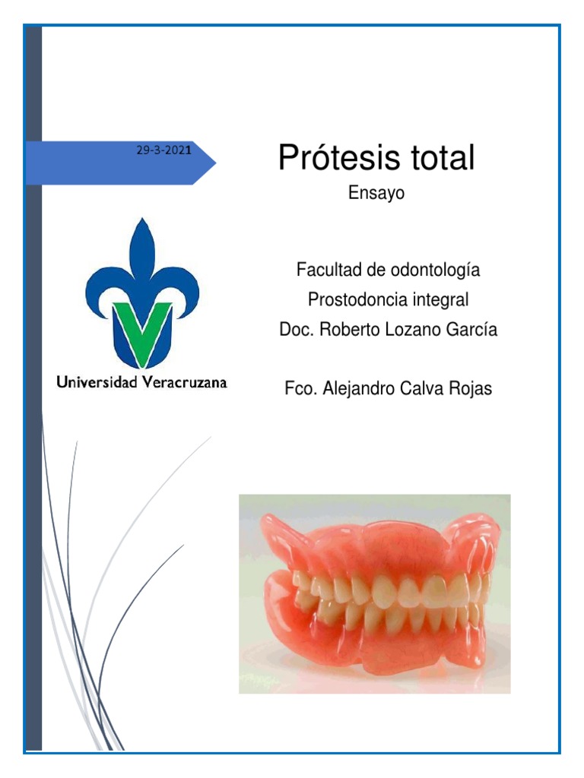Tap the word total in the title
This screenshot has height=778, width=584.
pyautogui.click(x=439, y=158)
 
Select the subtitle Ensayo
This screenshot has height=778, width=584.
pyautogui.click(x=376, y=194)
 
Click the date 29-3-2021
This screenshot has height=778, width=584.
pyautogui.click(x=163, y=150)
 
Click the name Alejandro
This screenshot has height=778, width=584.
pyautogui.click(x=363, y=389)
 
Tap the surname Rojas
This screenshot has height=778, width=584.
pyautogui.click(x=471, y=389)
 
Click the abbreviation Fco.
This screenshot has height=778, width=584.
pyautogui.click(x=300, y=389)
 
